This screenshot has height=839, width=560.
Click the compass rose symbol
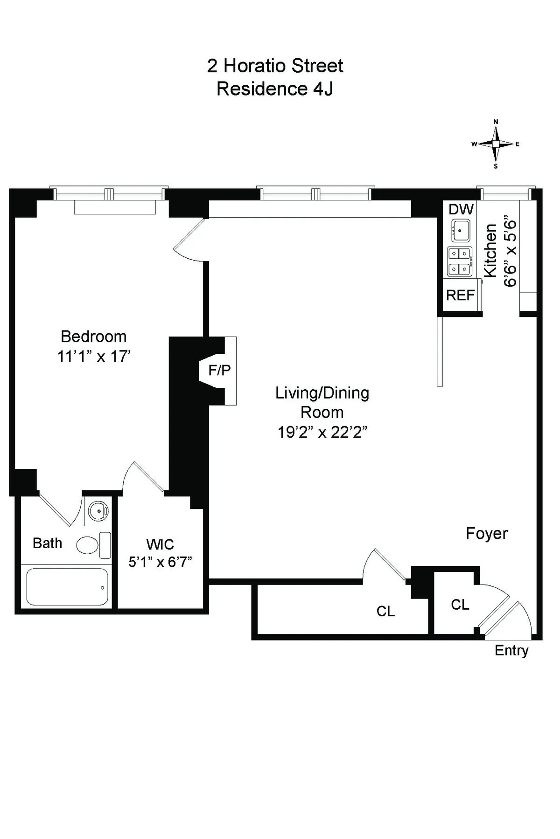click(496, 144)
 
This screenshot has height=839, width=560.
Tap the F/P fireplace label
click(219, 370)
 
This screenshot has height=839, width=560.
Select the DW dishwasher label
click(461, 209)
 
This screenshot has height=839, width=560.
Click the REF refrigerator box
click(460, 295)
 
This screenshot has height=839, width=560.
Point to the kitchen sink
click(461, 230)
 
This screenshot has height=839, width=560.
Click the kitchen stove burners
click(459, 261)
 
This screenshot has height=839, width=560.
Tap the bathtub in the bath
click(67, 587)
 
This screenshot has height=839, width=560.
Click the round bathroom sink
click(98, 511)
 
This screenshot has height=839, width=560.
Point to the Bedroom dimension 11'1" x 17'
click(94, 357)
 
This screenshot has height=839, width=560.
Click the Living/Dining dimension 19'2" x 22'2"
click(322, 433)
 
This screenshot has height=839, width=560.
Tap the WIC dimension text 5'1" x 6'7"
click(160, 562)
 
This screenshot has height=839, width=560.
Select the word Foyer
click(487, 534)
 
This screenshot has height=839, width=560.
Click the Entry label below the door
click(511, 651)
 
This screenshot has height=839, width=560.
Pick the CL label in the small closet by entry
click(460, 605)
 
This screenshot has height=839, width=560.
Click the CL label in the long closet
click(385, 611)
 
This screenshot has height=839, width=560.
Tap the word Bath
click(47, 543)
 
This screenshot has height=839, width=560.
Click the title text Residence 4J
click(275, 89)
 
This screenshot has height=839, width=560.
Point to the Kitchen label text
click(490, 250)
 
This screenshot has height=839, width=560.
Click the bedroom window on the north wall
click(109, 194)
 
